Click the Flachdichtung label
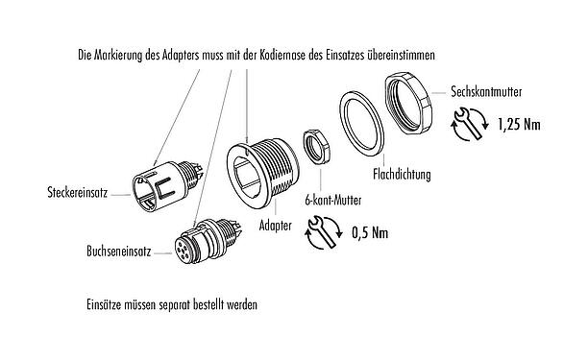pyautogui.click(x=399, y=175)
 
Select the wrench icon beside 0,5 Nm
pyautogui.click(x=321, y=232)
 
